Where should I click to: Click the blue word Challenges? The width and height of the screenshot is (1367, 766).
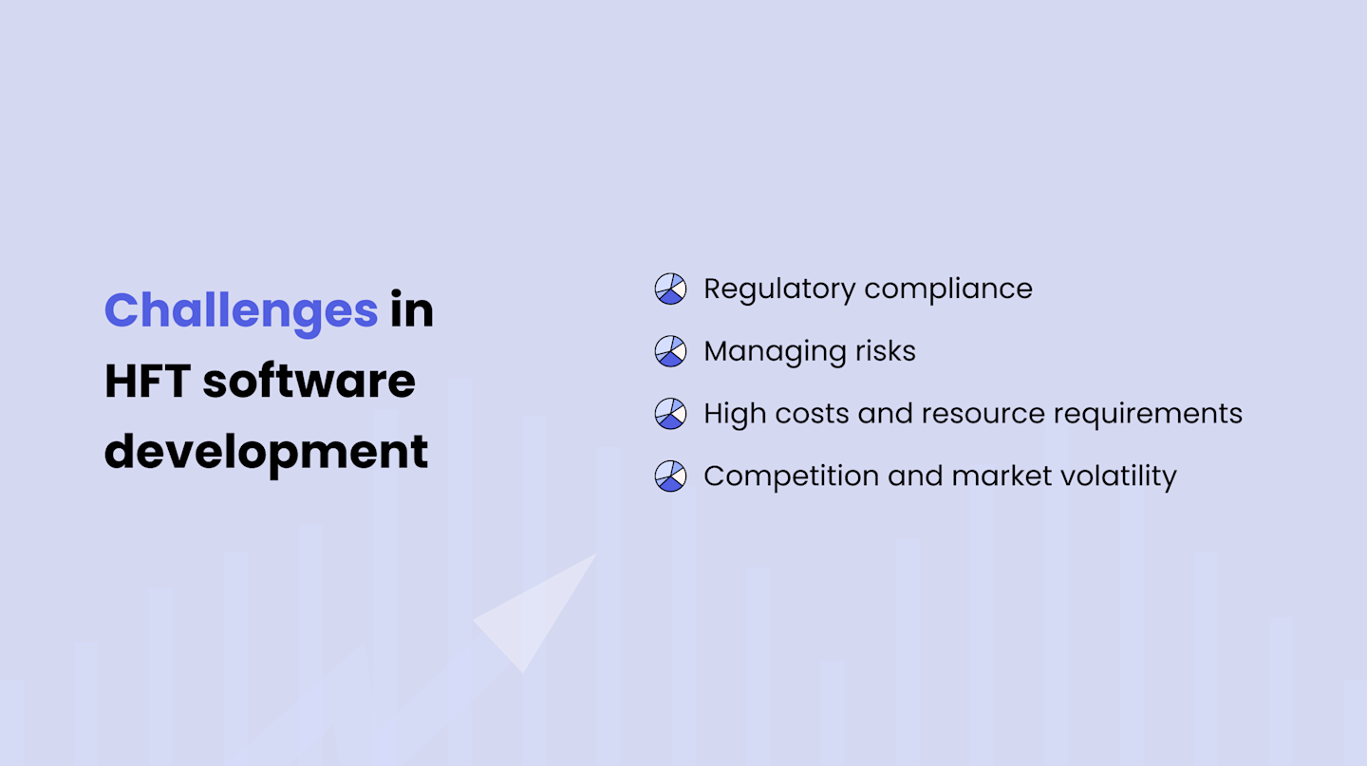tap(241, 310)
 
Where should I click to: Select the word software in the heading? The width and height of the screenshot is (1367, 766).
tap(309, 381)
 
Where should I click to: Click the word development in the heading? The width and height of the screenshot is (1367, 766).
tap(266, 451)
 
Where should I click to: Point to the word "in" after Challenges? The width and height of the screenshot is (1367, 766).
tap(412, 310)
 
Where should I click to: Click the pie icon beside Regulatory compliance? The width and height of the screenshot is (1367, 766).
tap(670, 289)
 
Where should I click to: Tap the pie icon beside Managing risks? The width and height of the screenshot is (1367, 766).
tap(670, 351)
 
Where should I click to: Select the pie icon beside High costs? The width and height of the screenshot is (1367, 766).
tap(670, 413)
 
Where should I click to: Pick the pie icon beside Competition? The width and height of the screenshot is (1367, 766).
tap(670, 476)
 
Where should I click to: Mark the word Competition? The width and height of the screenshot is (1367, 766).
tap(791, 476)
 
